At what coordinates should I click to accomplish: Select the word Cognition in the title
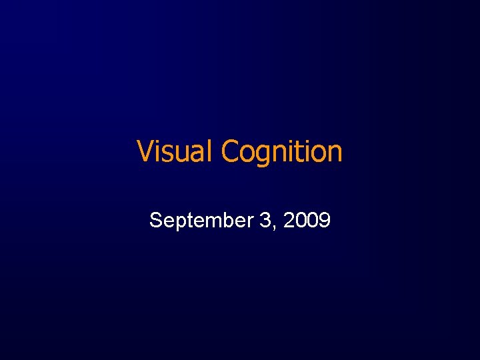[x=282, y=151]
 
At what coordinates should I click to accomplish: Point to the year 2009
[x=307, y=219]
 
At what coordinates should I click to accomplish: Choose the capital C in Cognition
[x=231, y=151]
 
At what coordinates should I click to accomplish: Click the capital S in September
[x=156, y=219]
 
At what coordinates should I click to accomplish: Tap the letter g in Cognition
[x=263, y=155]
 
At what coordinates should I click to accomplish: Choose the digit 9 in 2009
[x=325, y=219]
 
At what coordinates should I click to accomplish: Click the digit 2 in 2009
[x=289, y=219]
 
